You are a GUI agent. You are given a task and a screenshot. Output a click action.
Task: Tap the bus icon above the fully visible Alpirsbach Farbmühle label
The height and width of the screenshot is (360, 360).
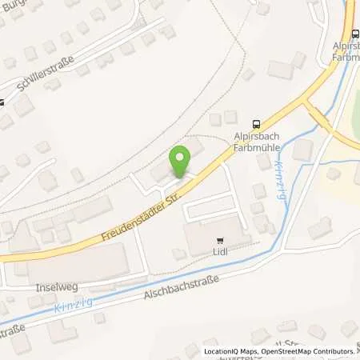point(256,123)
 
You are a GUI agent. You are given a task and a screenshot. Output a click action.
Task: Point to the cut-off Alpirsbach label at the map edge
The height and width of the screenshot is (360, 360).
point(346,46)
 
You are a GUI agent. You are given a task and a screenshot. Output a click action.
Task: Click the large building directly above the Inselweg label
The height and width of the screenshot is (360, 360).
point(76,261)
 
